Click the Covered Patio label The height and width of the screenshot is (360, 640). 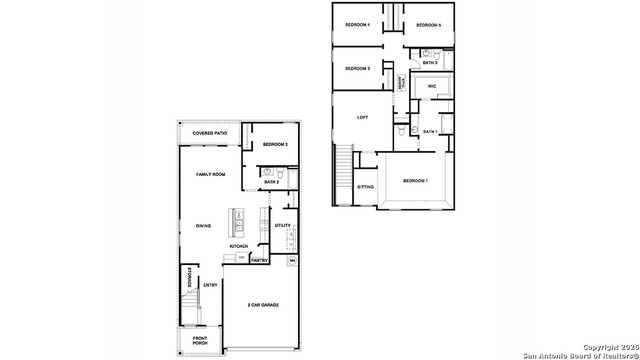tap(209, 132)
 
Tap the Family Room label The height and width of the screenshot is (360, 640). tap(210, 174)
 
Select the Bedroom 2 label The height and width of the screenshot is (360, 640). tap(275, 145)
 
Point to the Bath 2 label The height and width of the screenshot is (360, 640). tap(271, 182)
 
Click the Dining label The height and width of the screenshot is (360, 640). tap(202, 226)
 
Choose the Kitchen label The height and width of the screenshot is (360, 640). tap(239, 246)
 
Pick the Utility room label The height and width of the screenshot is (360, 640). tap(282, 226)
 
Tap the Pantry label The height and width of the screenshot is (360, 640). tap(258, 260)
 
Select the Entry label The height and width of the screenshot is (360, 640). tap(211, 286)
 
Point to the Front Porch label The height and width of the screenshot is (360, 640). tap(200, 341)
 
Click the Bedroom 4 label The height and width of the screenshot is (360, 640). tap(357, 24)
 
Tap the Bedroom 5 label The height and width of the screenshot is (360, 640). tap(429, 24)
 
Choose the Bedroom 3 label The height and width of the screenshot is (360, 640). tap(358, 68)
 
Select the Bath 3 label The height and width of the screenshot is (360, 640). tap(430, 63)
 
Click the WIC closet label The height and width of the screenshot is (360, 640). tap(432, 87)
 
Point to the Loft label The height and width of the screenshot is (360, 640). tap(363, 118)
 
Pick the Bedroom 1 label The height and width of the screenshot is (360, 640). tap(415, 180)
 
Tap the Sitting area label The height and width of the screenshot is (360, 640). tap(366, 187)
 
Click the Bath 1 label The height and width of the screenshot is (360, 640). tap(430, 132)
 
